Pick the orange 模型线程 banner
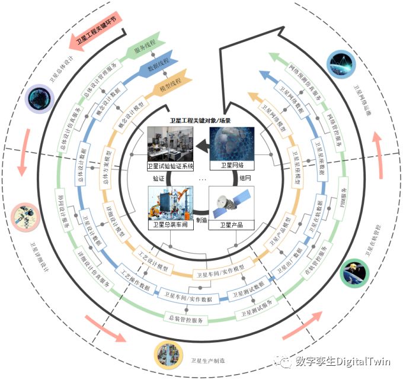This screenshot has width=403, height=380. (168, 84)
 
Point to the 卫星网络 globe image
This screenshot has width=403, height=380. (232, 144)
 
